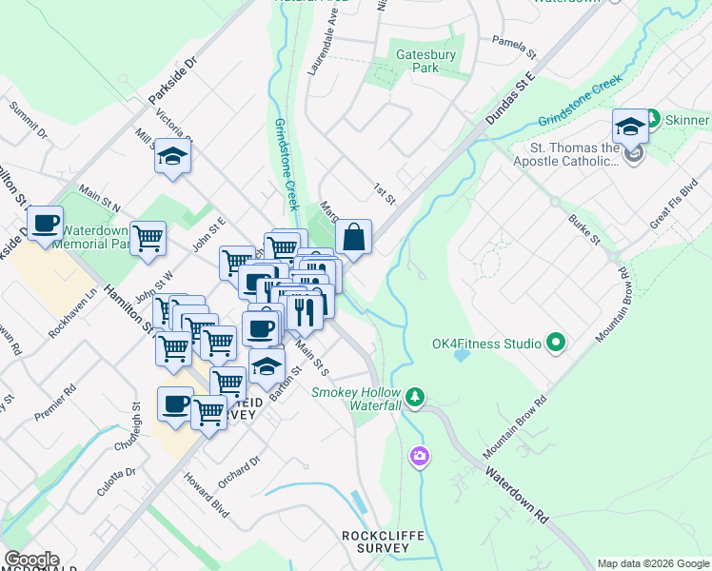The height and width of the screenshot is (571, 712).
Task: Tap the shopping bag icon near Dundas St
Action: pos(353,239)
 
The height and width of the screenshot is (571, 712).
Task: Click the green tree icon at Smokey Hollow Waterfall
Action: pos(414,395)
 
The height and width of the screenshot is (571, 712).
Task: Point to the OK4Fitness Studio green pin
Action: pos(557,343)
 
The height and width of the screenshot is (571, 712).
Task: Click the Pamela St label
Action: pos(515,42)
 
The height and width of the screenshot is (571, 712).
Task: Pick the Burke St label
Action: pos(583,229)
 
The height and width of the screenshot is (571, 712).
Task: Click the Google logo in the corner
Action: pos(31,560)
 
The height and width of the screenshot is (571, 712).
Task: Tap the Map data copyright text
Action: pos(653,563)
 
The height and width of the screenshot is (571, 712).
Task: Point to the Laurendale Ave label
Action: pos(323,50)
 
